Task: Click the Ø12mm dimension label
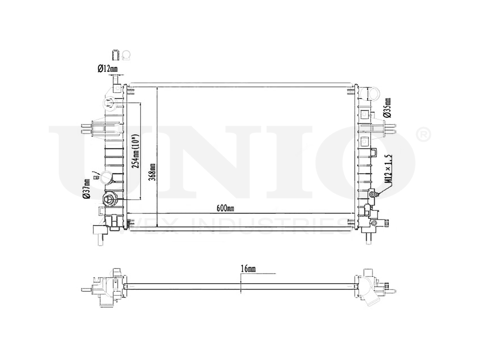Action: (107, 69)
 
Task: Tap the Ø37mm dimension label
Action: (87, 188)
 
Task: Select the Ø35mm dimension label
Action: (387, 108)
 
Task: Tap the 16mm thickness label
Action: (248, 269)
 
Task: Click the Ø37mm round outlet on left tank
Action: (105, 178)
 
